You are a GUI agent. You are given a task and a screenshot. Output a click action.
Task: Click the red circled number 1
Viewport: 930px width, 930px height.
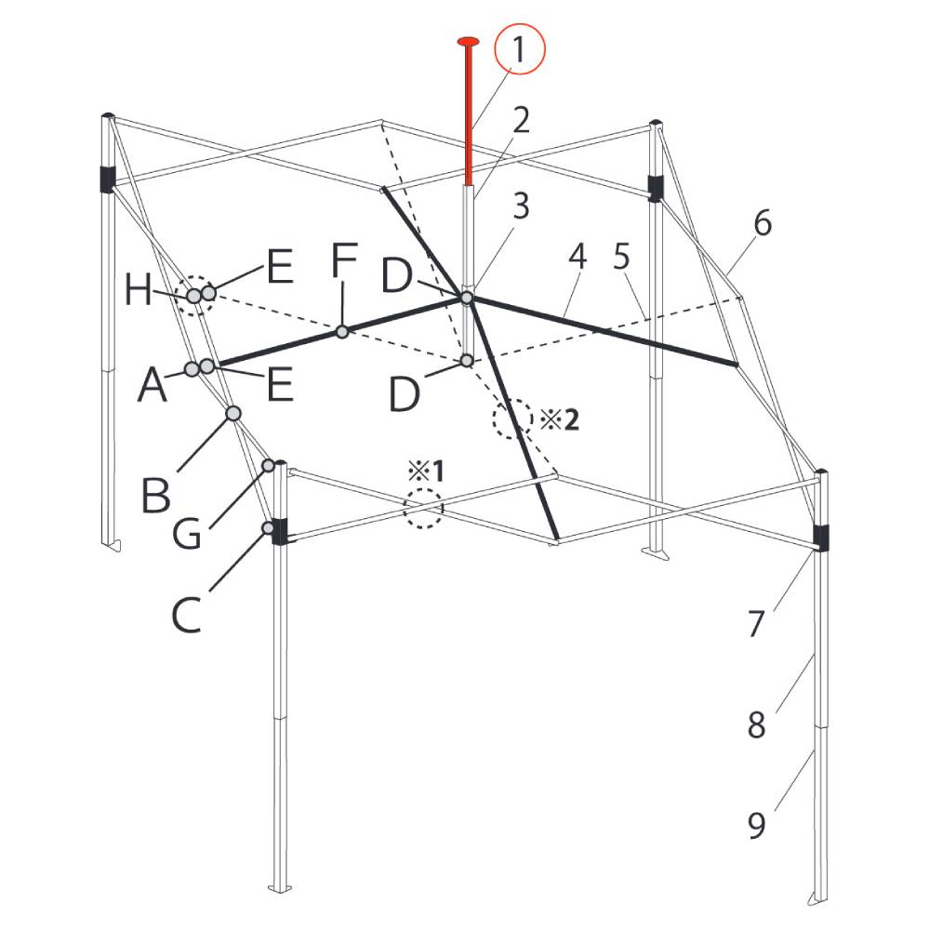tap(518, 50)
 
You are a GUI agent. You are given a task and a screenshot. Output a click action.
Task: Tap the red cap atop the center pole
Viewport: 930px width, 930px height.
tap(468, 42)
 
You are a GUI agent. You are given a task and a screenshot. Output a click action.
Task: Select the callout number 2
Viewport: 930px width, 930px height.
tap(521, 120)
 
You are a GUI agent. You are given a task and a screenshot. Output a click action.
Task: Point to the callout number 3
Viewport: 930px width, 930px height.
tap(521, 206)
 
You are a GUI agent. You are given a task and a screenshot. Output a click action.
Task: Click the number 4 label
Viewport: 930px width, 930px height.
tap(578, 257)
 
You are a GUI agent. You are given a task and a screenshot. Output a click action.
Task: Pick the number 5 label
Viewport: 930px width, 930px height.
tap(621, 257)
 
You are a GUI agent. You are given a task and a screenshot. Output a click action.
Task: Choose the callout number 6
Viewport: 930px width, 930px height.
tap(763, 223)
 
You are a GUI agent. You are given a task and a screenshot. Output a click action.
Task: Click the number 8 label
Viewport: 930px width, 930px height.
tap(756, 724)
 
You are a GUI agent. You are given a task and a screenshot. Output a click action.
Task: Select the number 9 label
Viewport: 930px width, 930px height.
tap(756, 825)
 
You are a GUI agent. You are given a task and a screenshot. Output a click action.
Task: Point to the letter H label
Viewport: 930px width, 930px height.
tap(139, 290)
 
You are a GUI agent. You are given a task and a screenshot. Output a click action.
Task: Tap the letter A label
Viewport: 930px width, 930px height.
tap(153, 384)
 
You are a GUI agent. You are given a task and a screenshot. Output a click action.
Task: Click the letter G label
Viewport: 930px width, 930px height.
tap(187, 533)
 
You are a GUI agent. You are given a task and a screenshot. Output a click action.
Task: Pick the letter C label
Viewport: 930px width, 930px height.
tap(186, 615)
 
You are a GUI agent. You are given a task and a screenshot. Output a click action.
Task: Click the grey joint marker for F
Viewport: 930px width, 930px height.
tap(341, 332)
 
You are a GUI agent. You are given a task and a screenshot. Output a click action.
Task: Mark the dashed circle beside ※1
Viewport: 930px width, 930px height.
tap(423, 509)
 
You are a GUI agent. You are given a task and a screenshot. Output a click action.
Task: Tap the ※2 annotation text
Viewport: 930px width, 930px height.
tap(559, 420)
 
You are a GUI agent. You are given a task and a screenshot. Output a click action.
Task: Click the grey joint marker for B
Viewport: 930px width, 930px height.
tap(233, 414)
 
